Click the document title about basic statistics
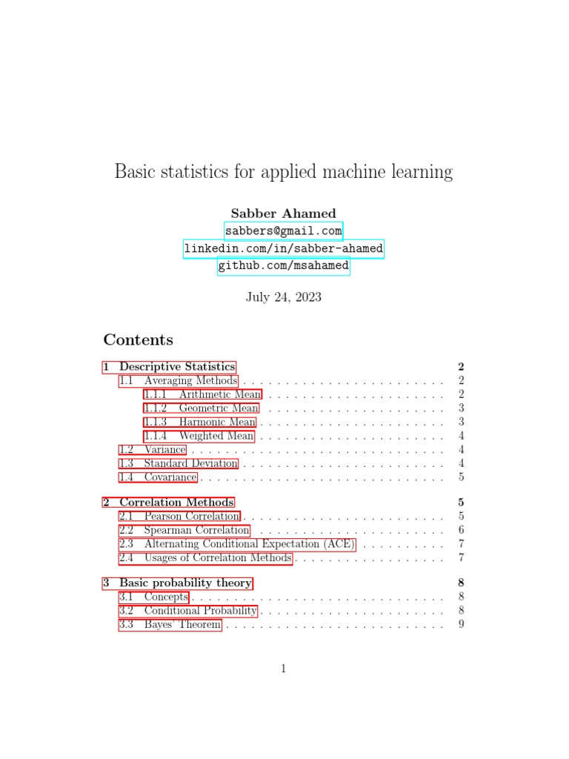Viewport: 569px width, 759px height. (x=284, y=172)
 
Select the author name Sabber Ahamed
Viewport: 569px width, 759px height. (x=284, y=213)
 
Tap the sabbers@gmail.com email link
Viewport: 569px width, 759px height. (x=284, y=231)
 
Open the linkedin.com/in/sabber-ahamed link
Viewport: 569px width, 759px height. (x=284, y=249)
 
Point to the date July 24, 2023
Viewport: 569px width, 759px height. (x=284, y=297)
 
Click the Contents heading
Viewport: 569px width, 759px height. (x=138, y=340)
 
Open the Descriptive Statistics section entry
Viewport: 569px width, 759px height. (x=170, y=367)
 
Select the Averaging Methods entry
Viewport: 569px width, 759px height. (x=179, y=381)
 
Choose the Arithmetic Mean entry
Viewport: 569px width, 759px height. (x=202, y=394)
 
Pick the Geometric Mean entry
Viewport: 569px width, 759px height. (x=202, y=408)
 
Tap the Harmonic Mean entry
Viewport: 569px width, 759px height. (x=200, y=422)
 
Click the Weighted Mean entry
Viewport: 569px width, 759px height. (x=199, y=437)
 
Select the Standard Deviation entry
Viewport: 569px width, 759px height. (x=179, y=464)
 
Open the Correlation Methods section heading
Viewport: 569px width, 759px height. (x=169, y=503)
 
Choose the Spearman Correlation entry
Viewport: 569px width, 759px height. (x=184, y=531)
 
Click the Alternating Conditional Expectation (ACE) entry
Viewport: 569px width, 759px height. (x=237, y=544)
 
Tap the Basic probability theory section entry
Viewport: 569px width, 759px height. (x=178, y=583)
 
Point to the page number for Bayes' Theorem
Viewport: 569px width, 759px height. (x=461, y=625)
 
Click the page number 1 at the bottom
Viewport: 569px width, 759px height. (x=284, y=669)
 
